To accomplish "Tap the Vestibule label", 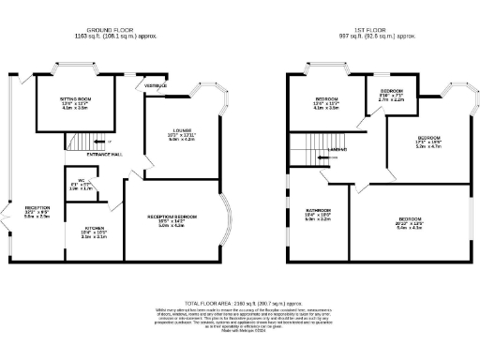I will click(156, 86).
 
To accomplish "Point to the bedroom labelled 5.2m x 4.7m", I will click(428, 140).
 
